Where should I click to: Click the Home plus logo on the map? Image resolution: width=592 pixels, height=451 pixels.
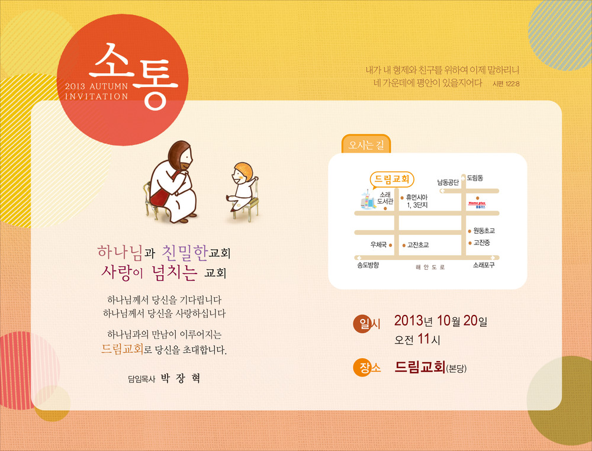coord(477,205)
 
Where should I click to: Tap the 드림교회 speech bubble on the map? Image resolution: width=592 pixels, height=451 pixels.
coord(392,180)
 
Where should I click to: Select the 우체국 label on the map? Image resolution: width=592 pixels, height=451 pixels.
coord(378,244)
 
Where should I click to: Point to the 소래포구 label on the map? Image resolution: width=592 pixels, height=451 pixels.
coord(484,265)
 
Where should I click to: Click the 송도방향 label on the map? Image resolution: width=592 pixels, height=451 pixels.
coord(368,265)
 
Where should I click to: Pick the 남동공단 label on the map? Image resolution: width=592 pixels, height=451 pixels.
coord(448,183)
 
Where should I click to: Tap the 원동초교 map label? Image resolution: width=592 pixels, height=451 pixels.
coord(484,231)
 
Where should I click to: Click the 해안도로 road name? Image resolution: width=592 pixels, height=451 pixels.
coord(430,267)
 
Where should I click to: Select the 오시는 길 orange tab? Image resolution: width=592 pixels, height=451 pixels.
coord(366,144)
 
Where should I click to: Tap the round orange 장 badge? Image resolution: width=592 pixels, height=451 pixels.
coord(363,367)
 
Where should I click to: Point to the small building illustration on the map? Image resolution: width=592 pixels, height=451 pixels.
coord(368,199)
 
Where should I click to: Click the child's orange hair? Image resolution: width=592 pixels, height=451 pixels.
coord(244,170)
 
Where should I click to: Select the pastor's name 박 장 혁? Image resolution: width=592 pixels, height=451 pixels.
coord(181,378)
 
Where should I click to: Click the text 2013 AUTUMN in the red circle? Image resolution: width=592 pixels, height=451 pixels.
coord(96,86)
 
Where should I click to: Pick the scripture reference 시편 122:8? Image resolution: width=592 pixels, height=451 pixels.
coord(506,84)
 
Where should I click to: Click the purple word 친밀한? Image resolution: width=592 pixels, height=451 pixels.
coord(185,253)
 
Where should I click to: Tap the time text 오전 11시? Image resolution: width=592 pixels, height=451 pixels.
coord(417,339)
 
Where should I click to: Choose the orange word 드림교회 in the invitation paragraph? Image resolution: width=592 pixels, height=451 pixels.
coord(123,349)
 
